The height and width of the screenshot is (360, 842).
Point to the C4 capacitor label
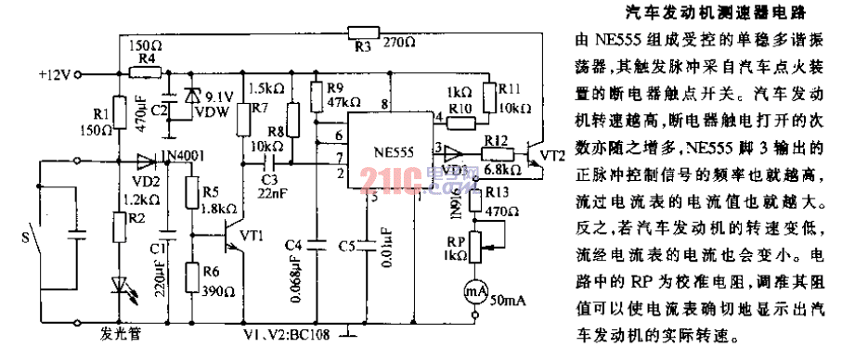click(293, 245)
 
